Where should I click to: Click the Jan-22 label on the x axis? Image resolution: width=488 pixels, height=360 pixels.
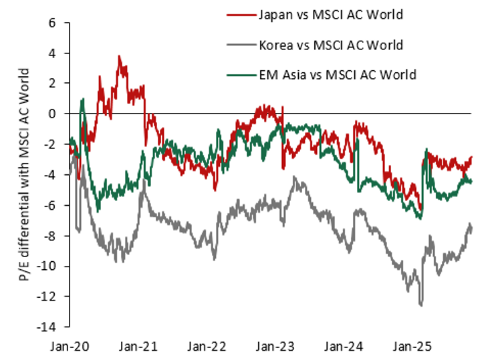[206, 347]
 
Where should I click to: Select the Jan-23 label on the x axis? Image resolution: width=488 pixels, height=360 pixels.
[275, 347]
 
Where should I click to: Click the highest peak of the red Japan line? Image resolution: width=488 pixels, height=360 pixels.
[119, 57]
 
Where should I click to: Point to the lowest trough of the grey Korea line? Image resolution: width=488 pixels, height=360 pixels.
[421, 306]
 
